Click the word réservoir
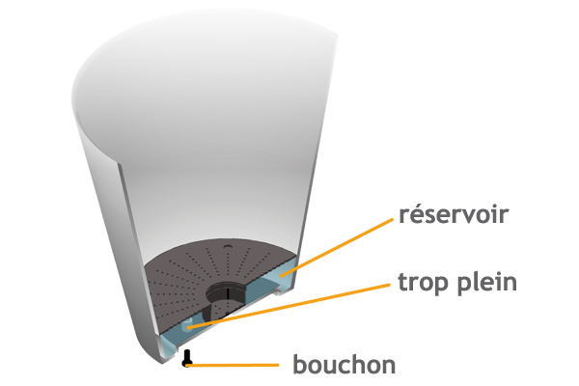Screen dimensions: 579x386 click(454, 214)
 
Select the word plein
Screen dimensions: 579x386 click(487, 284)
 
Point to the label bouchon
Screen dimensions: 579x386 click(345, 365)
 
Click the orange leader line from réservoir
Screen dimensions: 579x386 click(337, 247)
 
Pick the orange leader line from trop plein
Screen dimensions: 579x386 click(289, 306)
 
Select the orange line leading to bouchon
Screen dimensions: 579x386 click(233, 365)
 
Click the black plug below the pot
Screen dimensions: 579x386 click(187, 358)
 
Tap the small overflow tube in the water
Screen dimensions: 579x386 click(188, 324)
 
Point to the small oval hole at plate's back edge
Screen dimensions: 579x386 click(228, 246)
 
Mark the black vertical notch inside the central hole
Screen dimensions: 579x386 click(228, 292)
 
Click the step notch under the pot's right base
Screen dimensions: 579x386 click(278, 293)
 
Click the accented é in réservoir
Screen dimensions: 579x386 click(419, 214)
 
